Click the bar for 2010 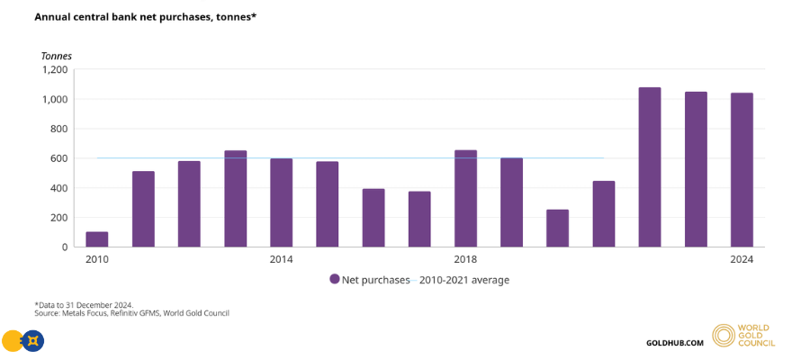point(96,239)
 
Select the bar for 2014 point(281,202)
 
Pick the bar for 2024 point(742,170)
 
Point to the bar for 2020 point(557,229)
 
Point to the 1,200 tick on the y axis point(55,69)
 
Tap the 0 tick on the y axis point(64,247)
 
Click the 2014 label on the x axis point(281,260)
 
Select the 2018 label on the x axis point(465,260)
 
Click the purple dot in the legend point(335,280)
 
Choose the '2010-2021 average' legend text point(462,280)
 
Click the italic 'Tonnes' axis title point(56,56)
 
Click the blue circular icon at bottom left point(33,341)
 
